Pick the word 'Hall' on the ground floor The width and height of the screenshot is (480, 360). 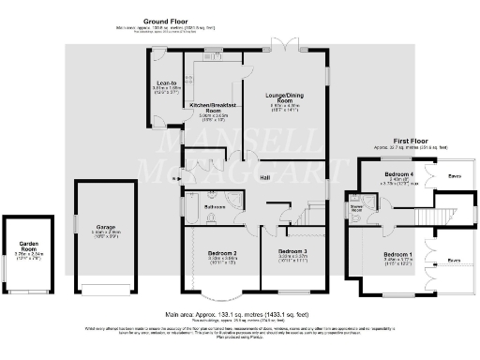pos(267,176)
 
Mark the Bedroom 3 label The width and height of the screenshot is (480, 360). pos(293,252)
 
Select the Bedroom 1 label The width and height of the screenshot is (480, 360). pos(397,254)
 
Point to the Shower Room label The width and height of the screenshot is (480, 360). pos(358,209)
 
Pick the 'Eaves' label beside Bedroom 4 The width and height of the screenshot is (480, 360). pos(454,174)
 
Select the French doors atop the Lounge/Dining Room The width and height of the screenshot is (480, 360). pos(285,44)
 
